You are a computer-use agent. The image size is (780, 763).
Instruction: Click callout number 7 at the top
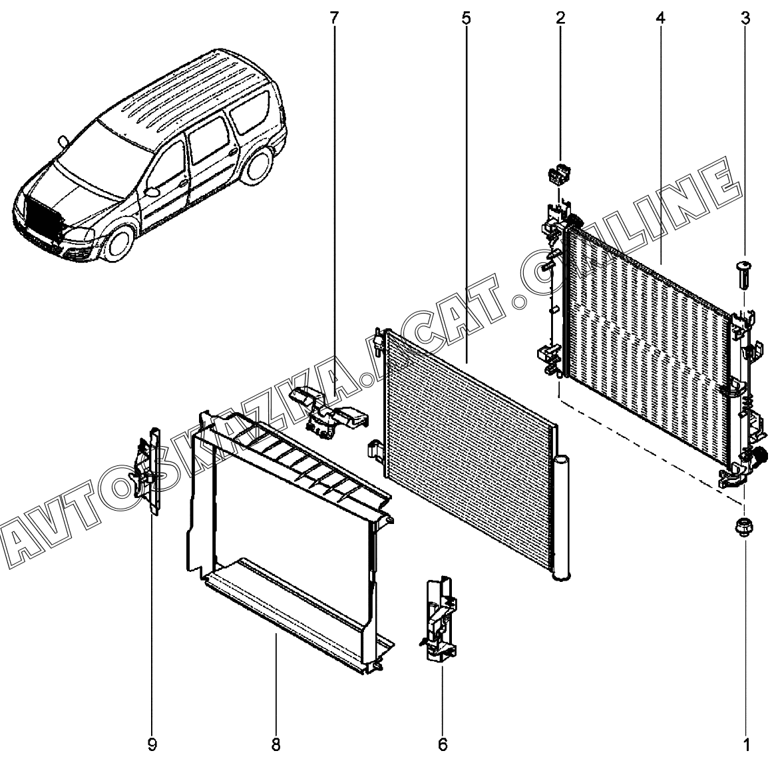tap(334, 19)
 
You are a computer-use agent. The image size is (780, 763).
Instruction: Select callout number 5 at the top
tap(466, 19)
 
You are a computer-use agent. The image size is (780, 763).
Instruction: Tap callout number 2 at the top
tap(560, 19)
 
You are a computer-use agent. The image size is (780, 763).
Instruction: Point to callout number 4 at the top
tap(661, 19)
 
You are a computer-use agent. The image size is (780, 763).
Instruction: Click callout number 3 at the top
tap(745, 19)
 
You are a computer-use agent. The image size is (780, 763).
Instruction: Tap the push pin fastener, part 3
tap(743, 276)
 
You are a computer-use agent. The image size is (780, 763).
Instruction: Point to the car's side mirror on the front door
tap(152, 191)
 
